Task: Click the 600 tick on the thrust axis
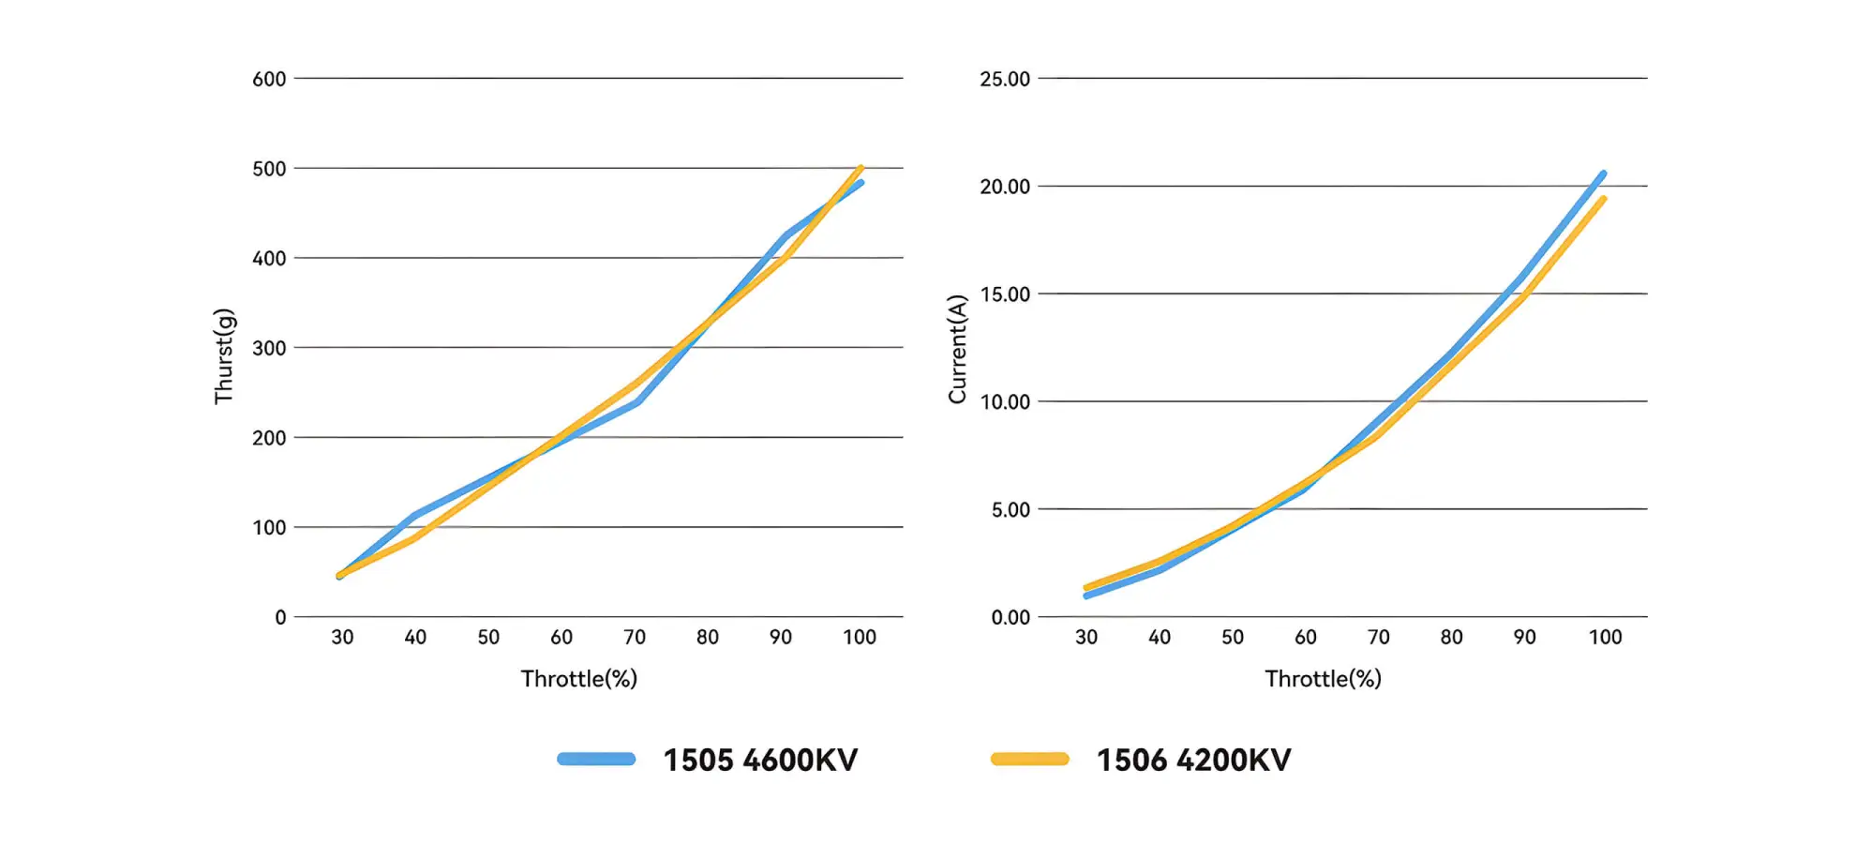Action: click(269, 79)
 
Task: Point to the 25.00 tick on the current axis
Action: click(1005, 79)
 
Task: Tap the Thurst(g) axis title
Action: click(224, 356)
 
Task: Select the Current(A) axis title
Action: click(957, 349)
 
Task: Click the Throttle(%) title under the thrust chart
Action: click(579, 679)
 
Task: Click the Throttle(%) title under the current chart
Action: click(1324, 679)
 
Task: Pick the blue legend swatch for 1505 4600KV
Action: click(596, 760)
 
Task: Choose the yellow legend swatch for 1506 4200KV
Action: click(1030, 760)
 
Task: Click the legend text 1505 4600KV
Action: click(760, 760)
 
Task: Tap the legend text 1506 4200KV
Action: click(1194, 760)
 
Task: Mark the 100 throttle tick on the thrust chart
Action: click(860, 638)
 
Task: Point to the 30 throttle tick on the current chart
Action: click(1086, 638)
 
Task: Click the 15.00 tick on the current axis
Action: click(1005, 294)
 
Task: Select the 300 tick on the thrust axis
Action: click(269, 348)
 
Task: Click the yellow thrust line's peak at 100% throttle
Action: click(861, 168)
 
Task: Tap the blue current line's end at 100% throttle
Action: click(1604, 173)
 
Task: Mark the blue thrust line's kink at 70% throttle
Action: click(637, 403)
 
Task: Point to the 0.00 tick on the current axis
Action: click(1010, 617)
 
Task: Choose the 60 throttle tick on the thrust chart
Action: click(561, 638)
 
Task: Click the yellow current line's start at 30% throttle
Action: click(1086, 588)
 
